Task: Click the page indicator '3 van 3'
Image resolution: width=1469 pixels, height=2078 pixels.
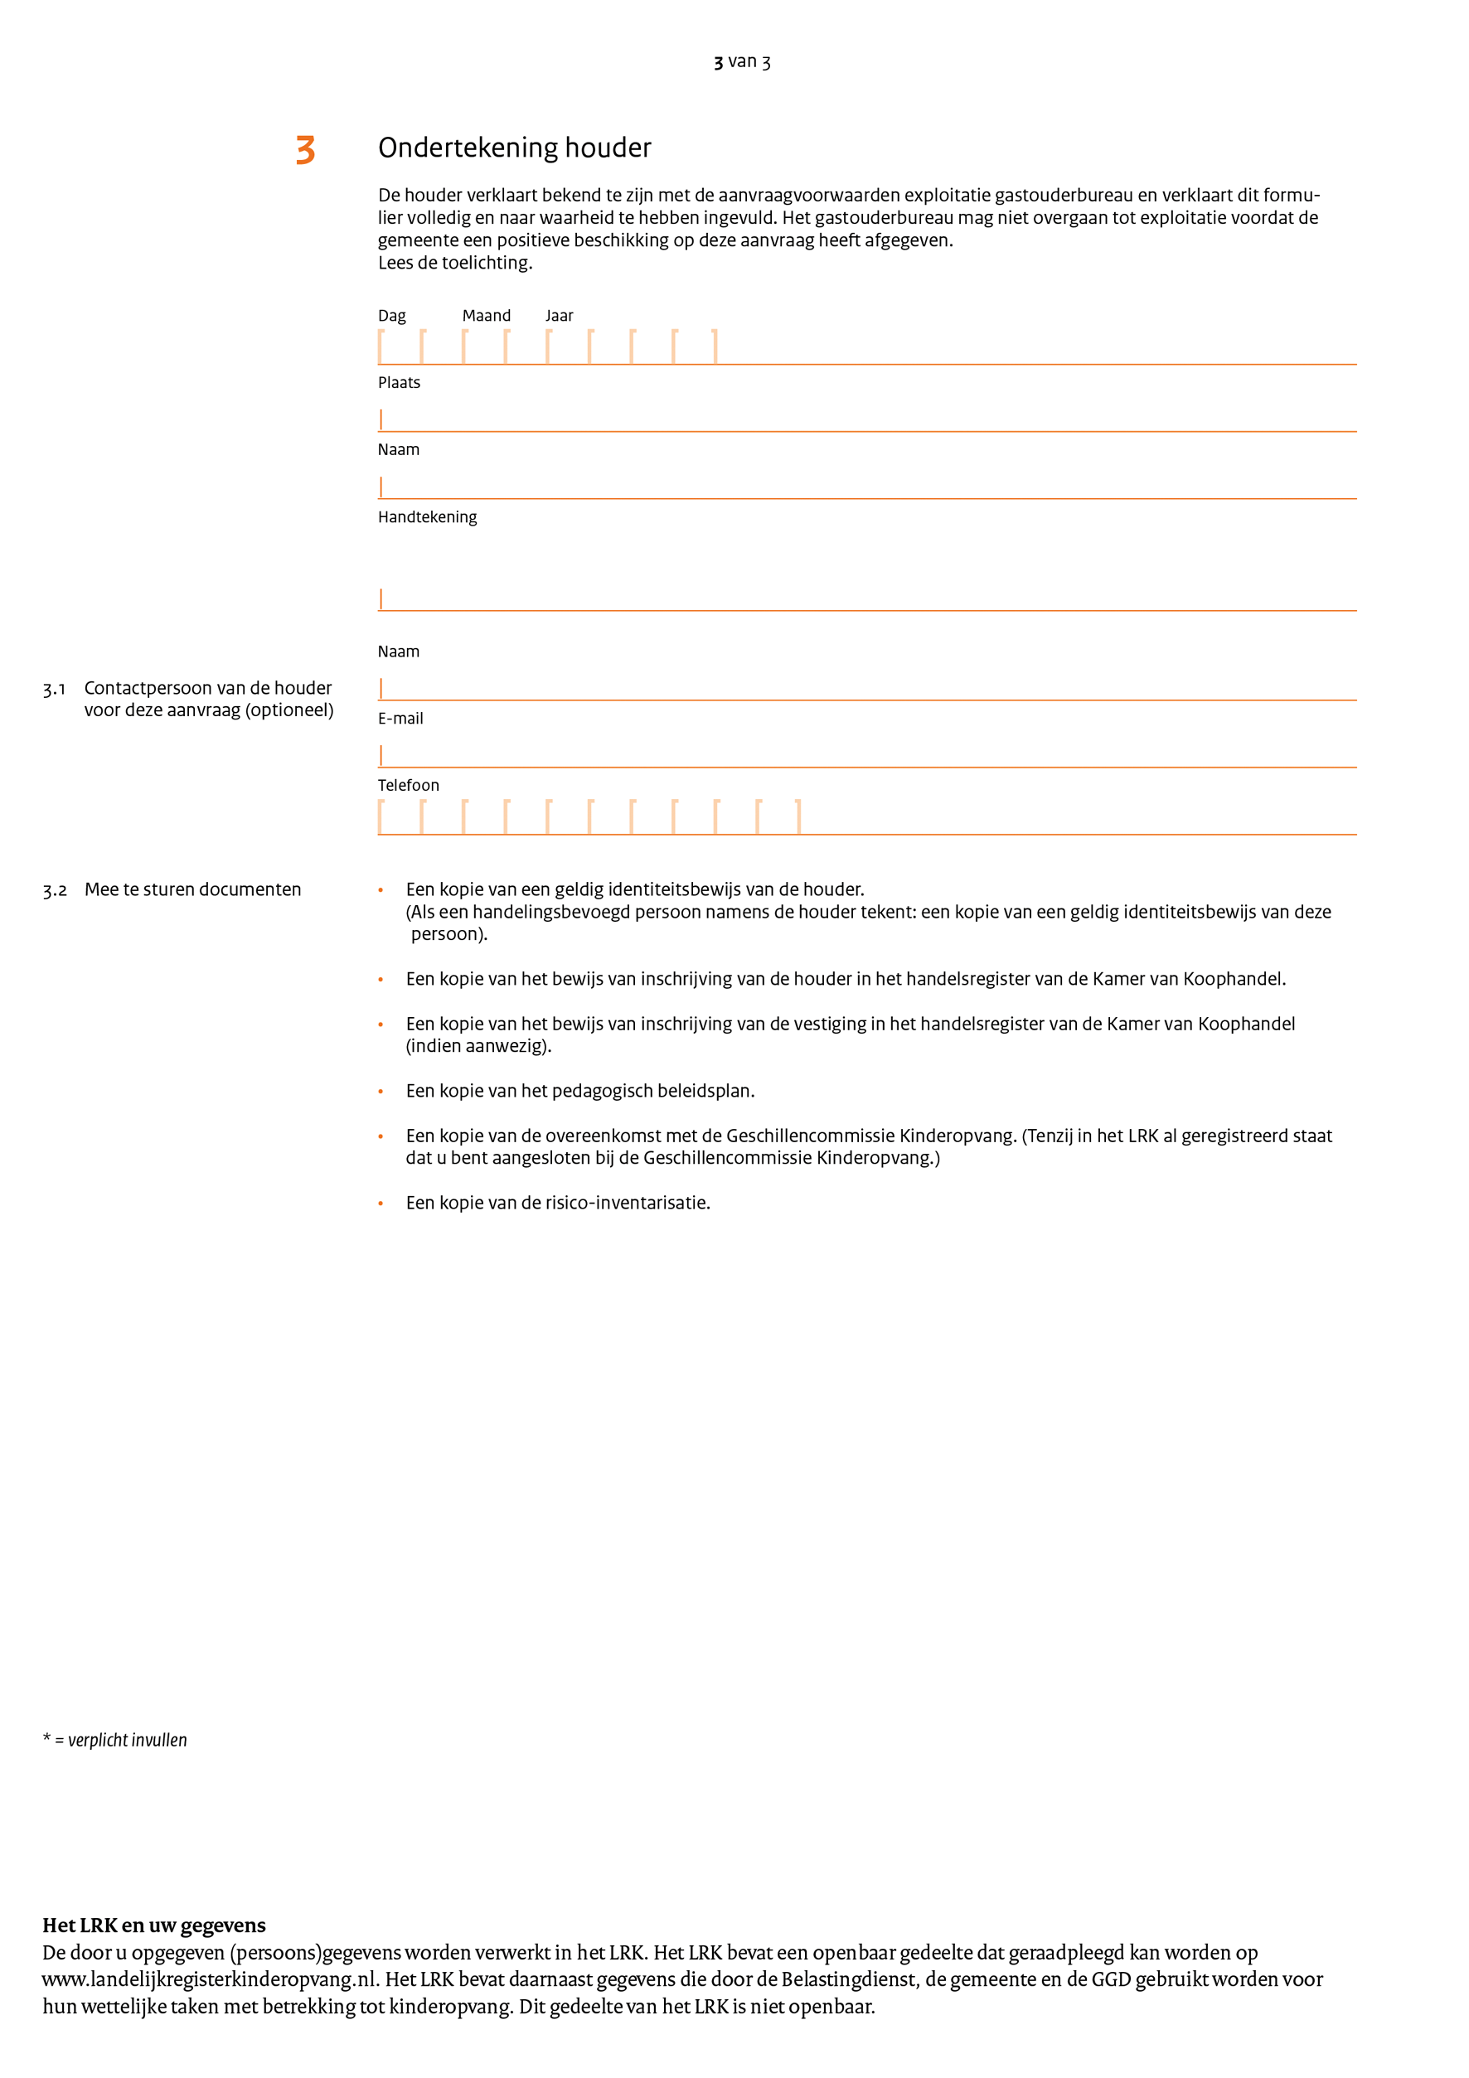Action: (x=741, y=61)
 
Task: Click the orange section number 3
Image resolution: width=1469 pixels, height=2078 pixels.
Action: (x=306, y=149)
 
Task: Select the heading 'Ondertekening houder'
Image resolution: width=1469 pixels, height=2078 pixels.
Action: (x=514, y=148)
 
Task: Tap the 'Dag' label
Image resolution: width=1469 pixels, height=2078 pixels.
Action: (x=392, y=316)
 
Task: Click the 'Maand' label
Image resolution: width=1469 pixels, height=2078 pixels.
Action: (x=486, y=316)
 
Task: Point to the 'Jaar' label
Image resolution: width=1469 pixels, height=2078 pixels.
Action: (x=559, y=316)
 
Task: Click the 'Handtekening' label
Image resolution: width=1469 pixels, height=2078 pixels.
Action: (x=427, y=516)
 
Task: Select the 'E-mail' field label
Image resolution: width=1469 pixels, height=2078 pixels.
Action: (x=400, y=719)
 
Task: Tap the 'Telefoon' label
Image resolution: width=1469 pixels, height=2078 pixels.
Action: (x=408, y=786)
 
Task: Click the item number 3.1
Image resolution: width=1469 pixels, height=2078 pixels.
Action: (x=55, y=690)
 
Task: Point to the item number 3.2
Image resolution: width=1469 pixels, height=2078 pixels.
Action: (x=55, y=890)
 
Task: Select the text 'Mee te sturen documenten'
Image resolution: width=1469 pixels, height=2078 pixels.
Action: (x=193, y=889)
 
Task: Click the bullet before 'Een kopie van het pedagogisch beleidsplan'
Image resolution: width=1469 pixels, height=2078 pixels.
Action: (x=381, y=1092)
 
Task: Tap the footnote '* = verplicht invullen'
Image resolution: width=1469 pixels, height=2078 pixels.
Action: (x=115, y=1740)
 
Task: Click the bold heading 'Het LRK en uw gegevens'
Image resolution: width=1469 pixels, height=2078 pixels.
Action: (x=154, y=1925)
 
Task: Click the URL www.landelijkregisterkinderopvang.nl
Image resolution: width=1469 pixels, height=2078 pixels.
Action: (x=210, y=1979)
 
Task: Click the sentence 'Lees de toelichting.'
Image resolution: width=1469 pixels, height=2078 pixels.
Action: (x=455, y=263)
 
